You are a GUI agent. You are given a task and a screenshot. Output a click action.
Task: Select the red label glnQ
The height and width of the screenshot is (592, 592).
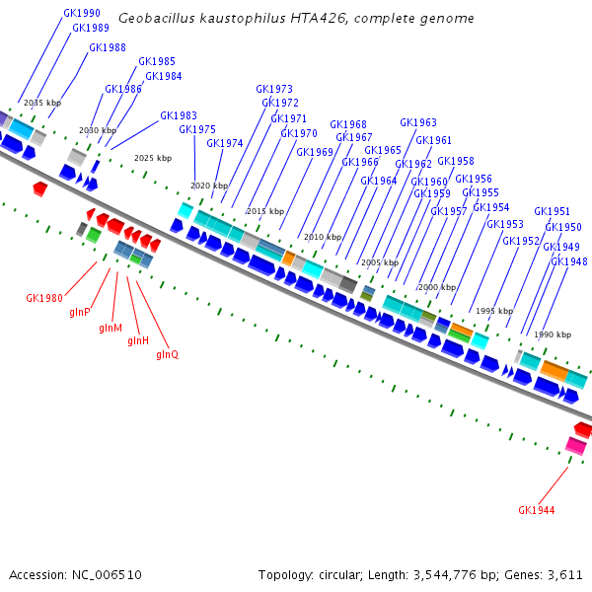pos(167,354)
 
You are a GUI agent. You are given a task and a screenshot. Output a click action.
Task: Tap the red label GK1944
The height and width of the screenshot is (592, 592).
pos(536,510)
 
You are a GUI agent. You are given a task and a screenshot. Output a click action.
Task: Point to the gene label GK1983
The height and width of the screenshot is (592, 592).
pos(178,115)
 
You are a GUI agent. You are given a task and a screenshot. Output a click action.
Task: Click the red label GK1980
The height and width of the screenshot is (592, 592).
pos(44,297)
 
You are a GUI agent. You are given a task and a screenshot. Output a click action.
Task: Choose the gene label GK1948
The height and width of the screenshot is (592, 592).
pos(569,261)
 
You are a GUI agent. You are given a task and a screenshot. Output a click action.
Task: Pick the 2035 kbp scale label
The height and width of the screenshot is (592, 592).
pos(41,103)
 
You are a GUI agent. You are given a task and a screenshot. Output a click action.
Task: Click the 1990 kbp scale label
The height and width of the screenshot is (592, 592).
pos(553,334)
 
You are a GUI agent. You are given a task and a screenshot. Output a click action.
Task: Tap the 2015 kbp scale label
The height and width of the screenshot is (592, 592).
pos(264,211)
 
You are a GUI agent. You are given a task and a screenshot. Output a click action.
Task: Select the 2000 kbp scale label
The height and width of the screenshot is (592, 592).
pos(437,287)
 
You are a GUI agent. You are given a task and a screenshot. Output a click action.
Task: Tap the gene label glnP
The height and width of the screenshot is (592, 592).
pos(80,312)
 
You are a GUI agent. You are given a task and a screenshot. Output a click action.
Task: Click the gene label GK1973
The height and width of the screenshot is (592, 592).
pos(274,89)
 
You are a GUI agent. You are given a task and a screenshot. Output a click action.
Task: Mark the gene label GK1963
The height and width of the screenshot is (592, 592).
pos(417,122)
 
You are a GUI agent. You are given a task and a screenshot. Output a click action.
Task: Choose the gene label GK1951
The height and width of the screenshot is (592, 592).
pos(552,211)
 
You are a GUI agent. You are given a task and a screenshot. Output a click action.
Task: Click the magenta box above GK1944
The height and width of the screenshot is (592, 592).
pos(575,446)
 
